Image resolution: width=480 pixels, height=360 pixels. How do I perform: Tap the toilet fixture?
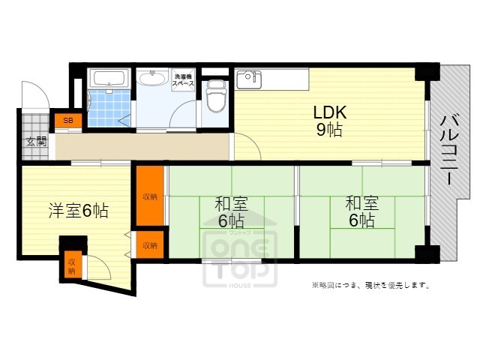(x=216, y=95)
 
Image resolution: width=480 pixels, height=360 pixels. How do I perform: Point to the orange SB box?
(x=67, y=120)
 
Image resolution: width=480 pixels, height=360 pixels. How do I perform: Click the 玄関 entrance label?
(x=35, y=141)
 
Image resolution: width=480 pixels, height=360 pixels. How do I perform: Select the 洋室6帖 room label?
(x=78, y=211)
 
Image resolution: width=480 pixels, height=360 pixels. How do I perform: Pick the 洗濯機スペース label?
(x=183, y=81)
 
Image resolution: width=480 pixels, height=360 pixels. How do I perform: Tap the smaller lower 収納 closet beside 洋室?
(x=150, y=245)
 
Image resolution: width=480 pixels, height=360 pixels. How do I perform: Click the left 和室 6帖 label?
(x=230, y=211)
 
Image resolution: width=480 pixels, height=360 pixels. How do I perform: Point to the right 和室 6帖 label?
(x=361, y=211)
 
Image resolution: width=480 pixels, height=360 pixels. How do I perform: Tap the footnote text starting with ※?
(x=370, y=285)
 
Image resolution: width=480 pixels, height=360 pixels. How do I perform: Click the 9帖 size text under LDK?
(x=328, y=130)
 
